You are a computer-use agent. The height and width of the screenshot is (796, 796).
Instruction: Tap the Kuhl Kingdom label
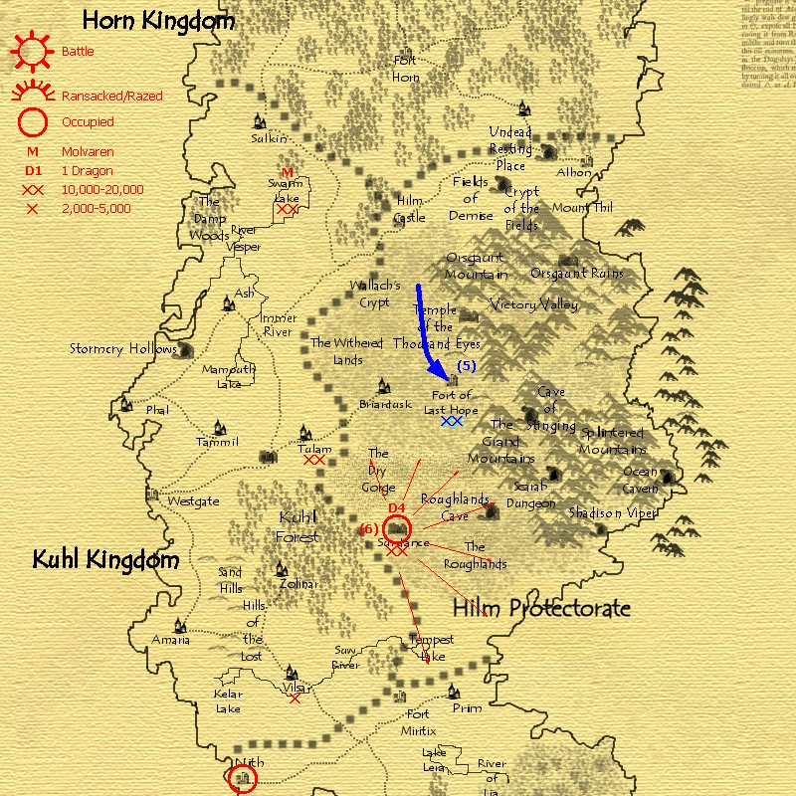click(106, 560)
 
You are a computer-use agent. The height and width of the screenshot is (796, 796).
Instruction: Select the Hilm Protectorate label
click(541, 608)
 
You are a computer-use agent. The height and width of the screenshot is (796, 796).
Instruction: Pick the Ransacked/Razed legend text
click(112, 97)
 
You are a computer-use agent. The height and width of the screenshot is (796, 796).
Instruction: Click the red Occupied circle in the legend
click(33, 122)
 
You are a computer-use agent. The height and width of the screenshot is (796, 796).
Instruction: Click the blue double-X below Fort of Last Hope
click(452, 422)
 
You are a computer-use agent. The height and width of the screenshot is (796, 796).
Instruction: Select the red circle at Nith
click(242, 777)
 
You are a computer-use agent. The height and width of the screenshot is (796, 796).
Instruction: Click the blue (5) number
click(466, 366)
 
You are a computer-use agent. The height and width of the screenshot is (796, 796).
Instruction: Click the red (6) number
click(368, 529)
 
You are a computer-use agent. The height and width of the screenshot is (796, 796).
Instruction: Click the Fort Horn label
click(405, 69)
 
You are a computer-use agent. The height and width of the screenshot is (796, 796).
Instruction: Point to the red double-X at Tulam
click(315, 461)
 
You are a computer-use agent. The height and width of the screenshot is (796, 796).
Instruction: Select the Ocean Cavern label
click(641, 480)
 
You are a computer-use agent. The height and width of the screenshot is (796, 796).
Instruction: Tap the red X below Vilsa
click(295, 698)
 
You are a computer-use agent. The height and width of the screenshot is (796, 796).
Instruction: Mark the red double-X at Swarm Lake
click(288, 209)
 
